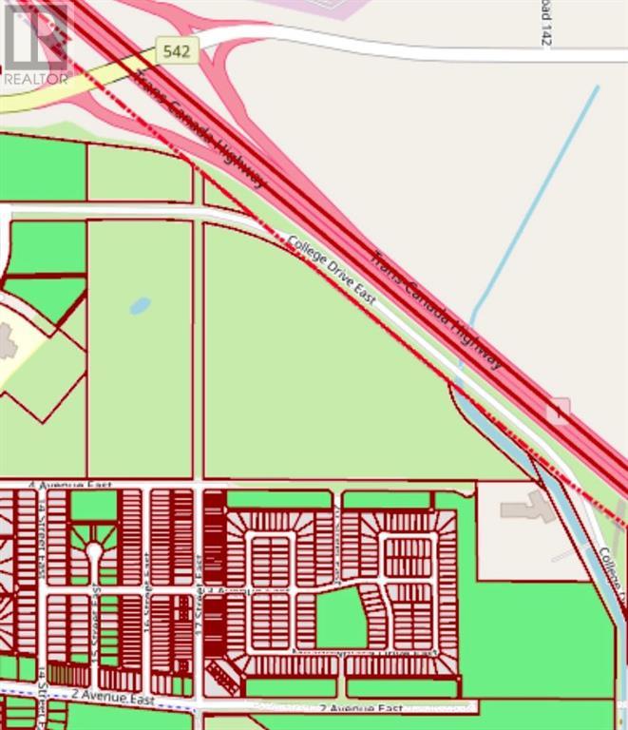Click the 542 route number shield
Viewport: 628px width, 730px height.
[x=177, y=52]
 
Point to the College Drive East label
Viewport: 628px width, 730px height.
[x=332, y=271]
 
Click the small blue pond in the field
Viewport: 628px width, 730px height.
[x=140, y=306]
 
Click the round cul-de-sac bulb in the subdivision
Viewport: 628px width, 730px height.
[x=93, y=550]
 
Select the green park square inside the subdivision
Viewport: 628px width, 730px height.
[x=340, y=618]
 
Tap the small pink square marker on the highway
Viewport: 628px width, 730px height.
[x=560, y=410]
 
